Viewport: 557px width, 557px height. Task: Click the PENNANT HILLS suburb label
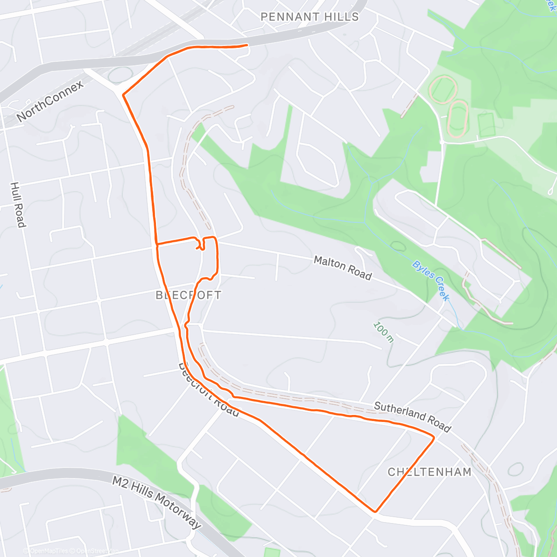310,17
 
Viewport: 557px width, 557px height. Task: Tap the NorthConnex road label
50,101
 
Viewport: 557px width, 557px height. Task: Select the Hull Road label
18,205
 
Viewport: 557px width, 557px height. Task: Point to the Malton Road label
343,268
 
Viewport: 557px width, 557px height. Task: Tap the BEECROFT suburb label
188,295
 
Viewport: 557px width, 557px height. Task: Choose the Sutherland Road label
412,416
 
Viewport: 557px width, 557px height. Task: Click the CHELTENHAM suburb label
429,472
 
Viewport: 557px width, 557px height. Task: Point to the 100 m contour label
383,332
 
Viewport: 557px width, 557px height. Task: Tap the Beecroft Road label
209,390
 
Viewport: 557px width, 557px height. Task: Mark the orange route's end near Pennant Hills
247,45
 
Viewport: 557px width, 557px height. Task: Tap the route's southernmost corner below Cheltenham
375,512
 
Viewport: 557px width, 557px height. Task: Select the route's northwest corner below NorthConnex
123,95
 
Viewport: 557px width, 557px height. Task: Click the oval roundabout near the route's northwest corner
120,75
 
